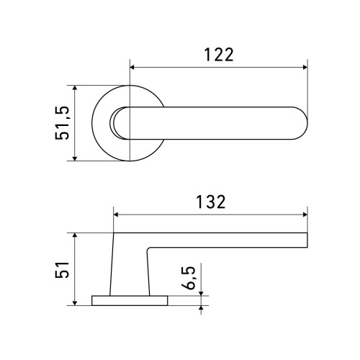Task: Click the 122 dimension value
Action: pyautogui.click(x=219, y=55)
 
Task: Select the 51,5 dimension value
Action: pyautogui.click(x=62, y=122)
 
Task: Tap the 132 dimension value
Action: pyautogui.click(x=211, y=202)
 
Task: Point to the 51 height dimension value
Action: pyautogui.click(x=62, y=269)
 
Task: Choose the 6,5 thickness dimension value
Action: pyautogui.click(x=189, y=278)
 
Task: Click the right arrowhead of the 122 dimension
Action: pyautogui.click(x=305, y=67)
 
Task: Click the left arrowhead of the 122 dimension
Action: pyautogui.click(x=132, y=67)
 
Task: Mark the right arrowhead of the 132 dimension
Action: pyautogui.click(x=305, y=215)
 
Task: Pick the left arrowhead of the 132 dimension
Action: pyautogui.click(x=116, y=215)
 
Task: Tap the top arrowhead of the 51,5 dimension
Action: pyautogui.click(x=75, y=88)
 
